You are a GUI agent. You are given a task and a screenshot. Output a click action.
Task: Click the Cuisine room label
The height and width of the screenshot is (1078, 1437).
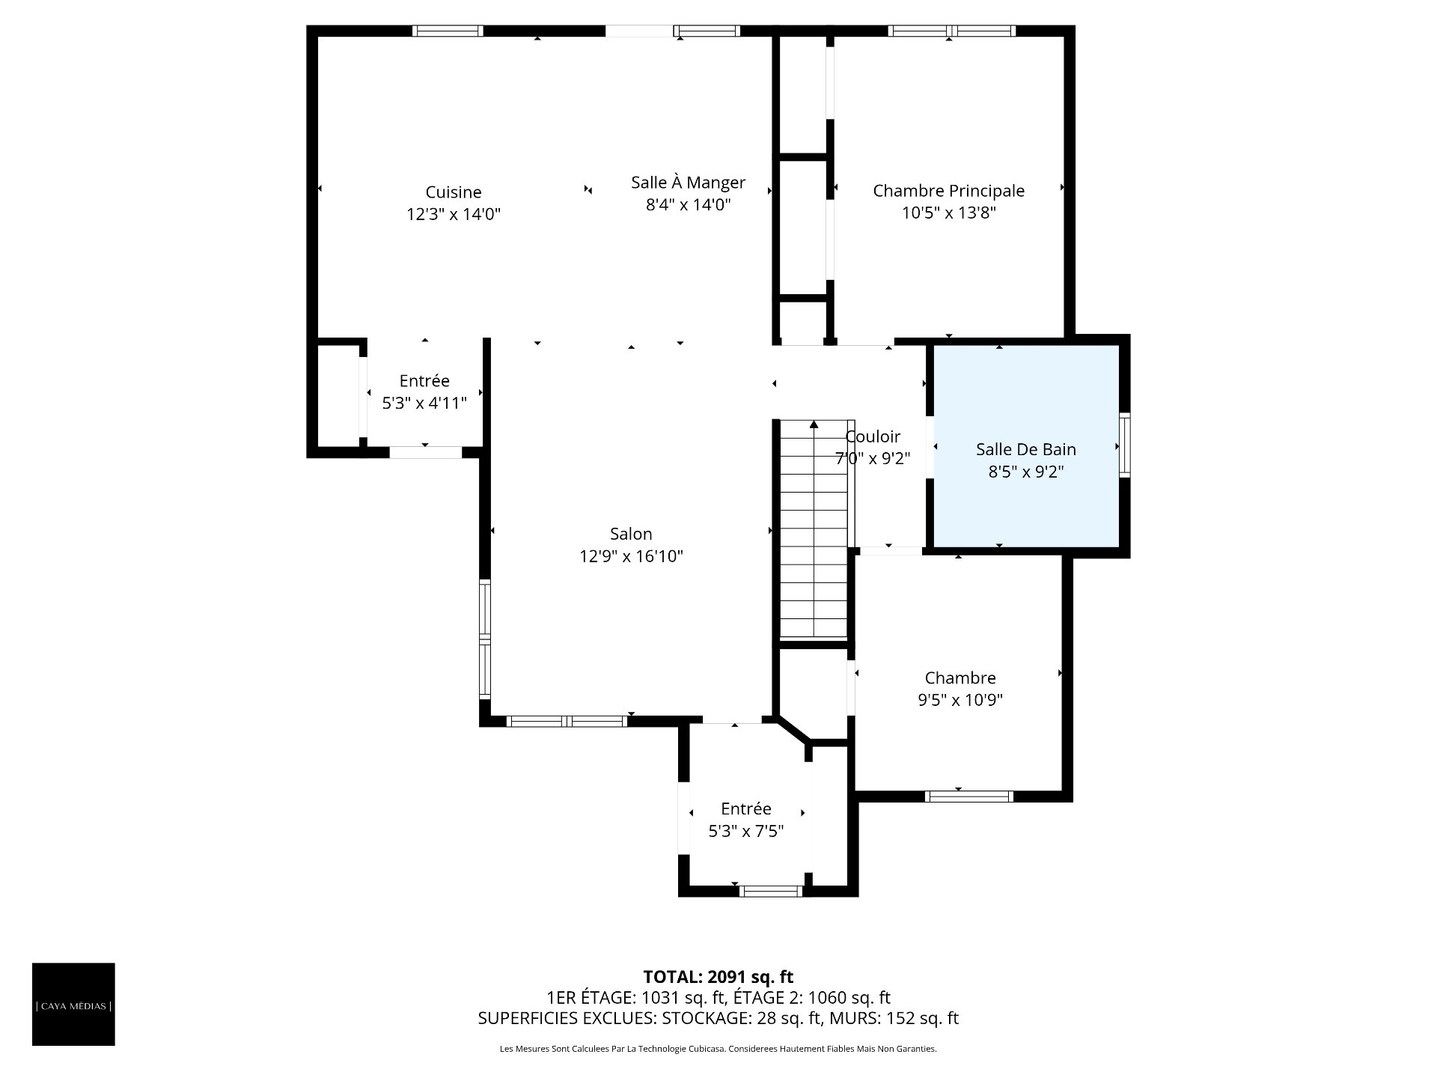click(x=454, y=192)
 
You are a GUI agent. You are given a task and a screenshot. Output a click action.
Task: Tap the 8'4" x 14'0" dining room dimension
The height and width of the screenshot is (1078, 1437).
click(x=688, y=204)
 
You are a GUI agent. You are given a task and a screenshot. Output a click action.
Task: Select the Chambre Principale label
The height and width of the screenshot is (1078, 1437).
click(x=948, y=191)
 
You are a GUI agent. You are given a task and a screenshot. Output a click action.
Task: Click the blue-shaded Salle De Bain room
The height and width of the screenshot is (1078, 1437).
click(x=1025, y=446)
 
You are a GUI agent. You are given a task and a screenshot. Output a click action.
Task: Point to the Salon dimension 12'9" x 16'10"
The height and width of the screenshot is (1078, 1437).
click(x=631, y=556)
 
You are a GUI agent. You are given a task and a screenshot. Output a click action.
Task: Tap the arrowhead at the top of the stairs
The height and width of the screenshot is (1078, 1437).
click(x=814, y=424)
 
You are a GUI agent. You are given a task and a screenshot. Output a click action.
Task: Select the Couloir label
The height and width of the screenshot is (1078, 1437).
click(x=873, y=436)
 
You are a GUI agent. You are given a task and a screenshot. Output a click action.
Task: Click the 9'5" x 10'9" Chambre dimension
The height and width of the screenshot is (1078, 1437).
click(x=960, y=700)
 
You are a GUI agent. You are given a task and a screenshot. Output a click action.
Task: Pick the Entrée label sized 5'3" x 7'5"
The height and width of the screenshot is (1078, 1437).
click(x=745, y=809)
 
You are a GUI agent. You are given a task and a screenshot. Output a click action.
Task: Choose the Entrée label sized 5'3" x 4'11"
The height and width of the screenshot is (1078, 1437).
click(x=424, y=381)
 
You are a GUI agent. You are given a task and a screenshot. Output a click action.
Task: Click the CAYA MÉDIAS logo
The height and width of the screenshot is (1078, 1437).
click(x=73, y=1004)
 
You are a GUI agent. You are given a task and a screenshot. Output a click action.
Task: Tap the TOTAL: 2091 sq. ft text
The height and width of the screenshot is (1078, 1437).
click(x=718, y=977)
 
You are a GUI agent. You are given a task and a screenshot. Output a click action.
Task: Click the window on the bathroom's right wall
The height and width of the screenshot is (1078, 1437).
click(x=1124, y=445)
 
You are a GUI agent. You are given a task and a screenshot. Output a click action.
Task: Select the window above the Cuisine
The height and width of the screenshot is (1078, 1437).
click(x=448, y=31)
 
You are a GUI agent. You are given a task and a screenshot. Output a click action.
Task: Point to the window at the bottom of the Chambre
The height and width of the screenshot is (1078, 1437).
click(x=969, y=797)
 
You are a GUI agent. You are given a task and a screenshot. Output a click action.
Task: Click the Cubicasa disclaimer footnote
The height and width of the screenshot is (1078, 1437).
click(x=718, y=1049)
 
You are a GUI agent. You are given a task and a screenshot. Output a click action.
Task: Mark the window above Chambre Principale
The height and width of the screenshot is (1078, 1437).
click(x=952, y=31)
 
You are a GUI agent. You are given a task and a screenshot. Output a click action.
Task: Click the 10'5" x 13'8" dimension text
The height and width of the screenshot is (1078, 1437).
click(x=948, y=213)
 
